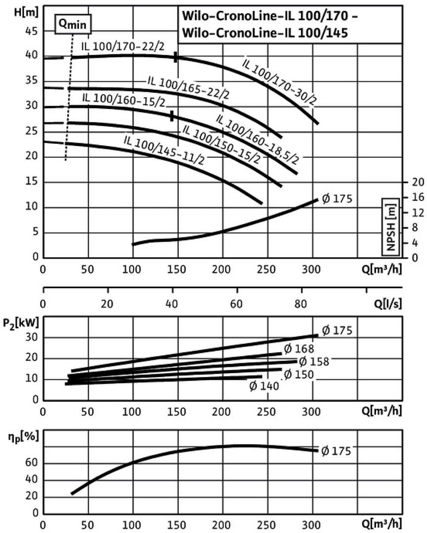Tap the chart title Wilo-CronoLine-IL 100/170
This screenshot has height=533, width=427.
pyautogui.click(x=267, y=16)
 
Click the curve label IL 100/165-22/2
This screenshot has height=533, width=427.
pyautogui.click(x=188, y=87)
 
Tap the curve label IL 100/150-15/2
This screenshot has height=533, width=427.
pyautogui.click(x=221, y=144)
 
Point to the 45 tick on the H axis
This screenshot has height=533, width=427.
pyautogui.click(x=31, y=31)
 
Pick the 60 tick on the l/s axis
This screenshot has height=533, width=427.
pyautogui.click(x=237, y=303)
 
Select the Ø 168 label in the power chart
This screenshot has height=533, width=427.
pyautogui.click(x=299, y=350)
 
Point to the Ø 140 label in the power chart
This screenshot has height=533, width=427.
pyautogui.click(x=264, y=385)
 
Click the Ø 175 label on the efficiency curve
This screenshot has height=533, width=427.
pyautogui.click(x=336, y=450)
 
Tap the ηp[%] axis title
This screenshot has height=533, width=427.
pyautogui.click(x=19, y=437)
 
